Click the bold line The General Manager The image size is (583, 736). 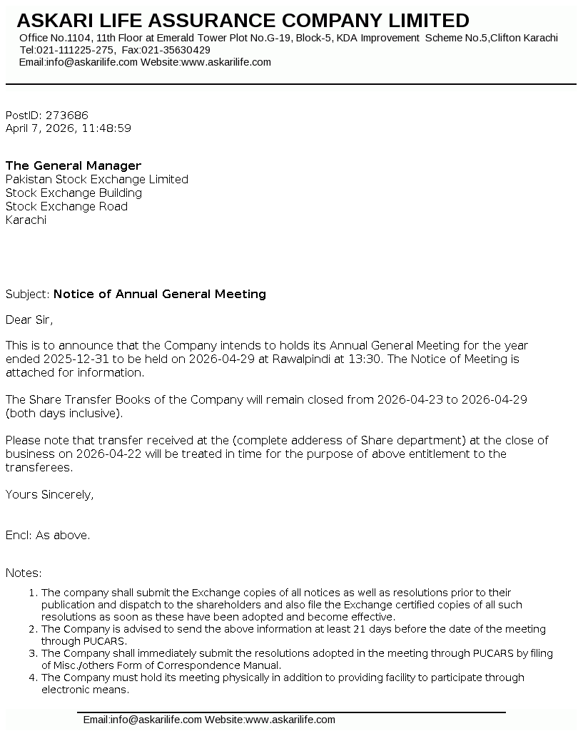click(73, 165)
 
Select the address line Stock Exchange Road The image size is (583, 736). click(66, 206)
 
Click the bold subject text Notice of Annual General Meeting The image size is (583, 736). click(160, 294)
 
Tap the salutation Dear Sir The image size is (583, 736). click(29, 319)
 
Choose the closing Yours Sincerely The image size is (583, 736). click(49, 494)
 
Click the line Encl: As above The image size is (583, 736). click(48, 535)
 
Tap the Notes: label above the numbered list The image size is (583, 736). click(24, 573)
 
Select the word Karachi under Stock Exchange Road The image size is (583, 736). click(26, 220)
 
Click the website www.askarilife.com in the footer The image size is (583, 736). click(290, 720)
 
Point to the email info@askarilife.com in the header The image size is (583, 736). click(91, 62)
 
